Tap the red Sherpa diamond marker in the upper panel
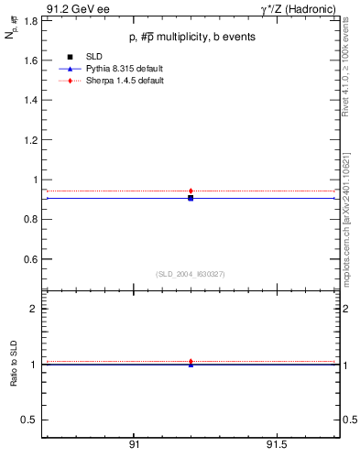coord(191,191)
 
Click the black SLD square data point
coord(191,198)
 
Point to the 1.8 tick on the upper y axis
coord(32,19)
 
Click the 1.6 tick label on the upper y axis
coord(32,60)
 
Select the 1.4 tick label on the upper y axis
coord(32,100)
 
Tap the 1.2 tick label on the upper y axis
coord(32,139)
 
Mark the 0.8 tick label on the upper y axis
coord(32,220)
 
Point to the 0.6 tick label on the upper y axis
coord(32,259)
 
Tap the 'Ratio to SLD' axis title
coord(15,365)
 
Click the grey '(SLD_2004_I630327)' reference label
coord(190,274)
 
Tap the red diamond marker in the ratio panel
coord(191,361)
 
